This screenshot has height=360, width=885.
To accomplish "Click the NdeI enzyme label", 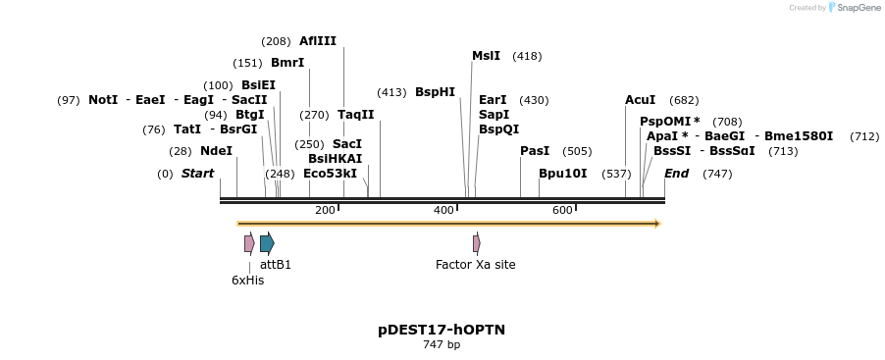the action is click(x=216, y=151).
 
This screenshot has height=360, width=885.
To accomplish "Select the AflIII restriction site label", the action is click(x=318, y=41).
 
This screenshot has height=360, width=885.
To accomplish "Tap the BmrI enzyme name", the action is click(x=287, y=63).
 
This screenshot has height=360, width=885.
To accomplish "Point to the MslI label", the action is click(x=486, y=56).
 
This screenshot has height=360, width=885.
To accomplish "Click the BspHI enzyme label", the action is click(x=435, y=92).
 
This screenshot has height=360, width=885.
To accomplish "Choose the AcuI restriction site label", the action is click(x=641, y=100).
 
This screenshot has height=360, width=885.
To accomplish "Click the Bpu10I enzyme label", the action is click(x=562, y=174).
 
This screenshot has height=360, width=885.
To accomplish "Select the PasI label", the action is click(x=535, y=151).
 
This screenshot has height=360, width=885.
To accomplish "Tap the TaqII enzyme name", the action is click(x=355, y=115).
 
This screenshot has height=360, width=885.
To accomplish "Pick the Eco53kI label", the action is click(x=330, y=174).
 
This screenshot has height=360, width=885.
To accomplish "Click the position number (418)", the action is click(x=527, y=57).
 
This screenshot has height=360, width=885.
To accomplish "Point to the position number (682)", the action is click(x=684, y=100).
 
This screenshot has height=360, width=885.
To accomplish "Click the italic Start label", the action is click(x=197, y=174).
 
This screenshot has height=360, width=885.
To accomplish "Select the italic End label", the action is click(x=676, y=174).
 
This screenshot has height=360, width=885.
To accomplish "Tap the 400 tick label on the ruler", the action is click(x=443, y=210).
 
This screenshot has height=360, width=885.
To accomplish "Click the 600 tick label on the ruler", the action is click(x=562, y=210).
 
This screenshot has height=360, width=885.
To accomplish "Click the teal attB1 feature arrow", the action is click(x=267, y=243).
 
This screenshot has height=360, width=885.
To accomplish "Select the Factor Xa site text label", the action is click(x=475, y=265).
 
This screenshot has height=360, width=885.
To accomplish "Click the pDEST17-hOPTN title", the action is click(x=442, y=330).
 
